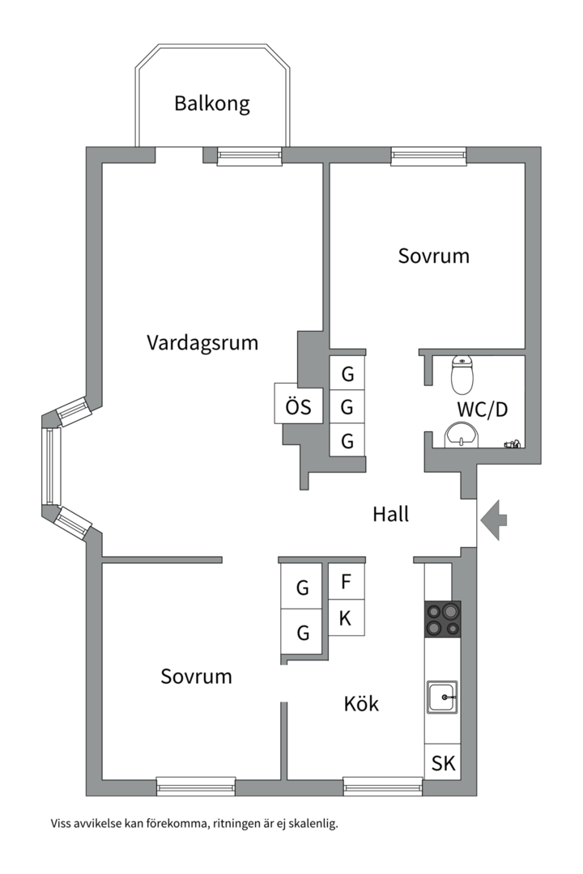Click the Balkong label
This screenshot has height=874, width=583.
212,104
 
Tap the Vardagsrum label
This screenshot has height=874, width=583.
202,342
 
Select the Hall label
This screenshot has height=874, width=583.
390,513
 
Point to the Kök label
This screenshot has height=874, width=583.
361,703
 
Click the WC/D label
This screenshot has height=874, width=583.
482,409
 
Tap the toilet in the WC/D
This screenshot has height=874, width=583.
462,375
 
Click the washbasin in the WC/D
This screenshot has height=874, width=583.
462,435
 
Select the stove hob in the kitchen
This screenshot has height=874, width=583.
443,619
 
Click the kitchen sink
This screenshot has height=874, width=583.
442,697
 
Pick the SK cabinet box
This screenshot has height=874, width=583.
443,762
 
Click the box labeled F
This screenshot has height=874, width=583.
346,581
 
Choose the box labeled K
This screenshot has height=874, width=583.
346,617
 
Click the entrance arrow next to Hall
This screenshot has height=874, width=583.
494,520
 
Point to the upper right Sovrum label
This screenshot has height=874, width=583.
433,256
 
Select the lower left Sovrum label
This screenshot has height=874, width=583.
196,676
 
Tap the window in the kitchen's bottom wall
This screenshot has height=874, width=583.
383,786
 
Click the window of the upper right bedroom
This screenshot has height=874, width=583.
428,156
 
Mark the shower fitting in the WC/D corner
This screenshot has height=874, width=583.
513,444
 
